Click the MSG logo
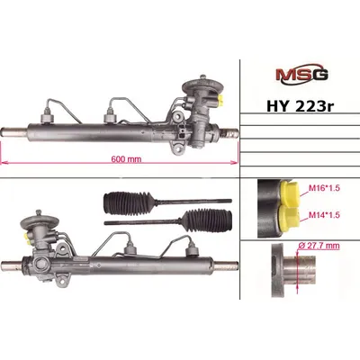(301, 75)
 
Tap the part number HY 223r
(300, 106)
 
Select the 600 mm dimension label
(126, 159)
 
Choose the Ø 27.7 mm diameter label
(319, 246)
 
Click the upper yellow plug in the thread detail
(290, 194)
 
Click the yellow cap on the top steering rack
(222, 101)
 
